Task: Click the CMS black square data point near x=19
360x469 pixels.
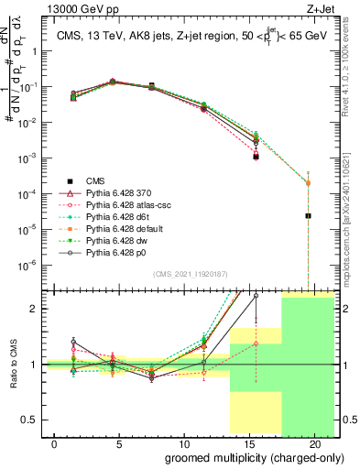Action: (x=308, y=216)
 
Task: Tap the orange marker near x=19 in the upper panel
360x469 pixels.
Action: (x=308, y=182)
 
